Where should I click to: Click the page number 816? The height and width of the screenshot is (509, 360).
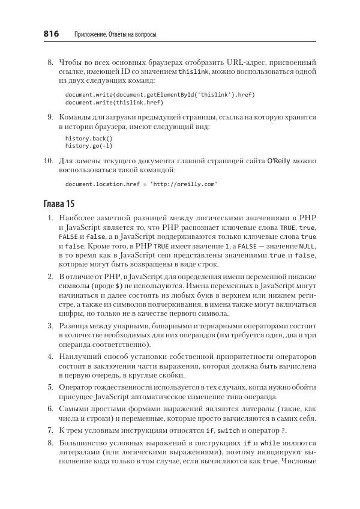coord(51,35)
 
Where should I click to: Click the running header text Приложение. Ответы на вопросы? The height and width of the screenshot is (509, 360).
coord(115,35)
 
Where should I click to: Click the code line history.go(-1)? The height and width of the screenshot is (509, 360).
coord(89,145)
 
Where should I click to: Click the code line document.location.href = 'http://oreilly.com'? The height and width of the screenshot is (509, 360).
coord(141,184)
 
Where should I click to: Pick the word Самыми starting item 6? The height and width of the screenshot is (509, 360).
coord(75,409)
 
